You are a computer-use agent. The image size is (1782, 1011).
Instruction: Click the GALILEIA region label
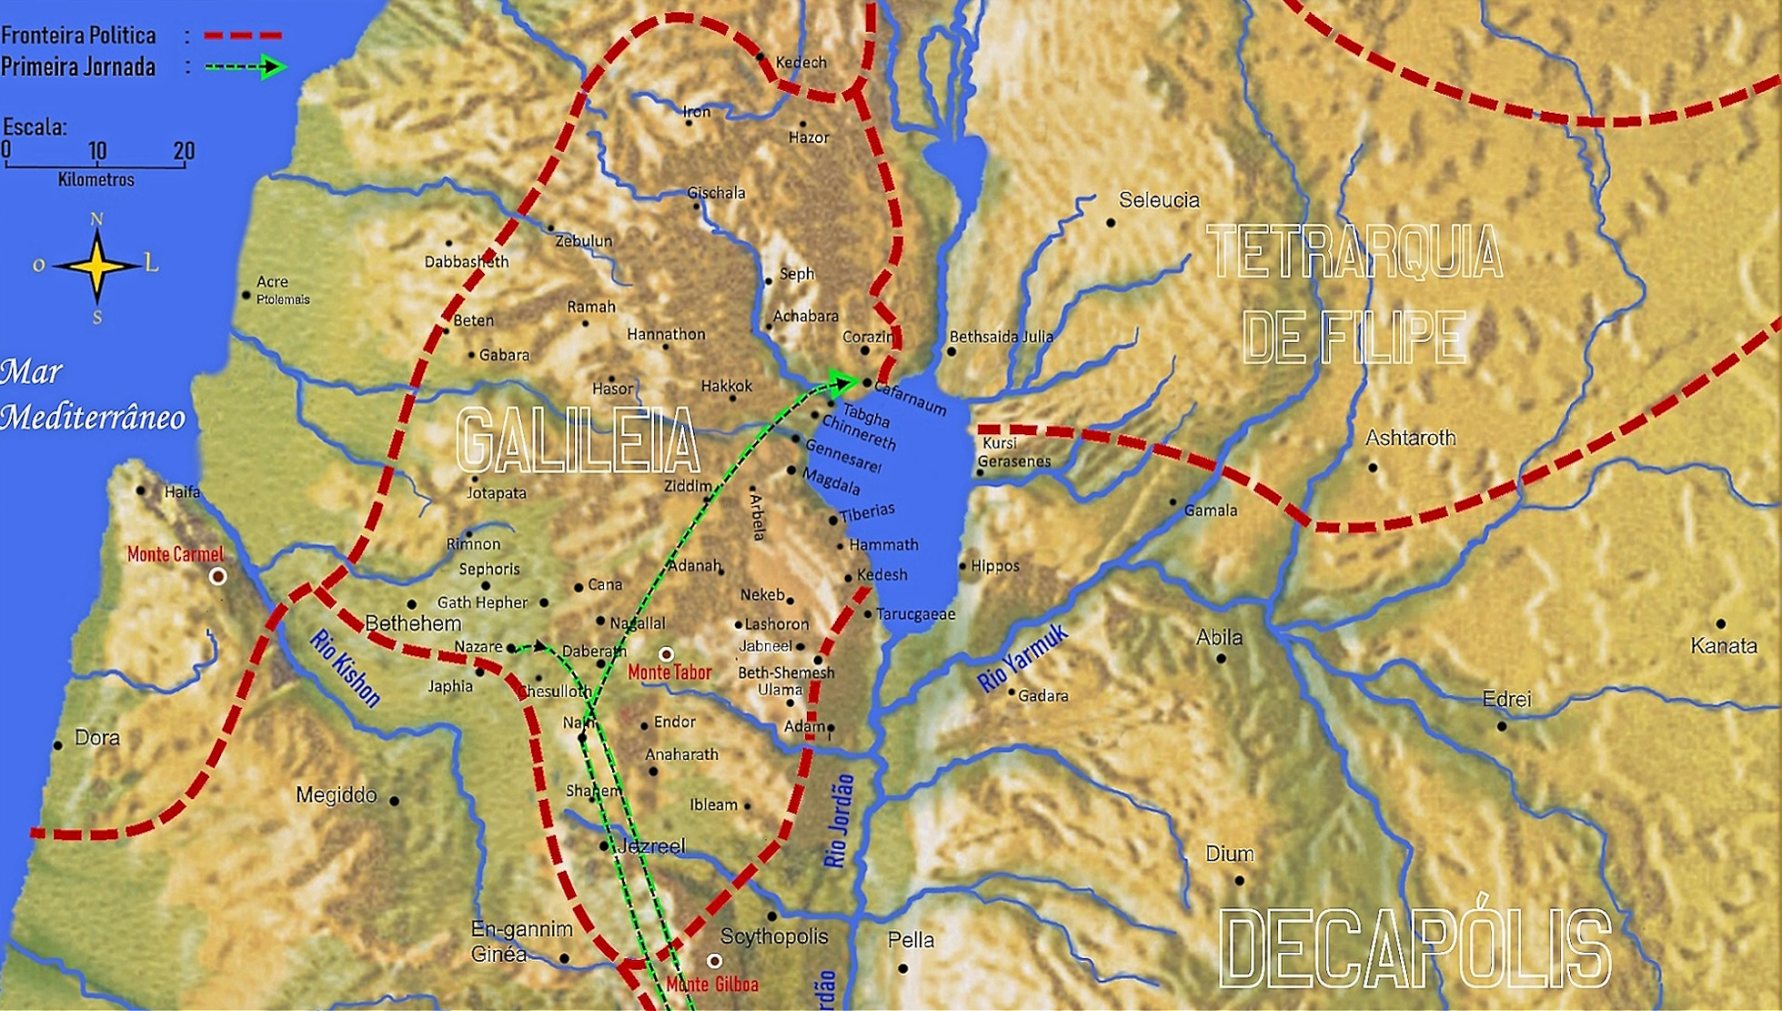point(578,441)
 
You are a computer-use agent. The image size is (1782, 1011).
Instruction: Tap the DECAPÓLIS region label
point(1415,950)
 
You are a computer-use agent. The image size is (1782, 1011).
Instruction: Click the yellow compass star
point(97,266)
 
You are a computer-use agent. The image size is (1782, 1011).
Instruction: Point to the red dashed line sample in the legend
point(243,35)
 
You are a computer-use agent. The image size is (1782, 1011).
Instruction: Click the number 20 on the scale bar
point(184,151)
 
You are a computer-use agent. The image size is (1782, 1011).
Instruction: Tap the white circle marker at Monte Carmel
point(218,576)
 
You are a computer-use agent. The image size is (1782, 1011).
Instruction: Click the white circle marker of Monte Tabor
point(666,654)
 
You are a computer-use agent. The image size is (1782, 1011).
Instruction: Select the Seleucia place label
point(1159,200)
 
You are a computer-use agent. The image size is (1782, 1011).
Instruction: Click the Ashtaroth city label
point(1410,439)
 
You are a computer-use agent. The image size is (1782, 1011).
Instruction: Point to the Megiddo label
point(337,795)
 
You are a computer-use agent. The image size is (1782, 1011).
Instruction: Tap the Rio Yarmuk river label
point(1022,660)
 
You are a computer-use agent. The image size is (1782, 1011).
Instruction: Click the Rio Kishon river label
point(345,668)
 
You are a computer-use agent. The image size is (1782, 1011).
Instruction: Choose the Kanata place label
point(1724,646)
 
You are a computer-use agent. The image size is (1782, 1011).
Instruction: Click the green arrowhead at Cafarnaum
point(844,381)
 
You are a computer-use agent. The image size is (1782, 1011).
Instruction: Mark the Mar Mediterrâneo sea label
point(91,395)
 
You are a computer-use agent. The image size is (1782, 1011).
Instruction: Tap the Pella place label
point(911,940)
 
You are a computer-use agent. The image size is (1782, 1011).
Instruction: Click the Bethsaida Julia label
point(1002,337)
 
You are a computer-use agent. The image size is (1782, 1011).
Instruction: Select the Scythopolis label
point(774,936)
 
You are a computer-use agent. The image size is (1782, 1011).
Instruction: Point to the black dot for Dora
point(58,745)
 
